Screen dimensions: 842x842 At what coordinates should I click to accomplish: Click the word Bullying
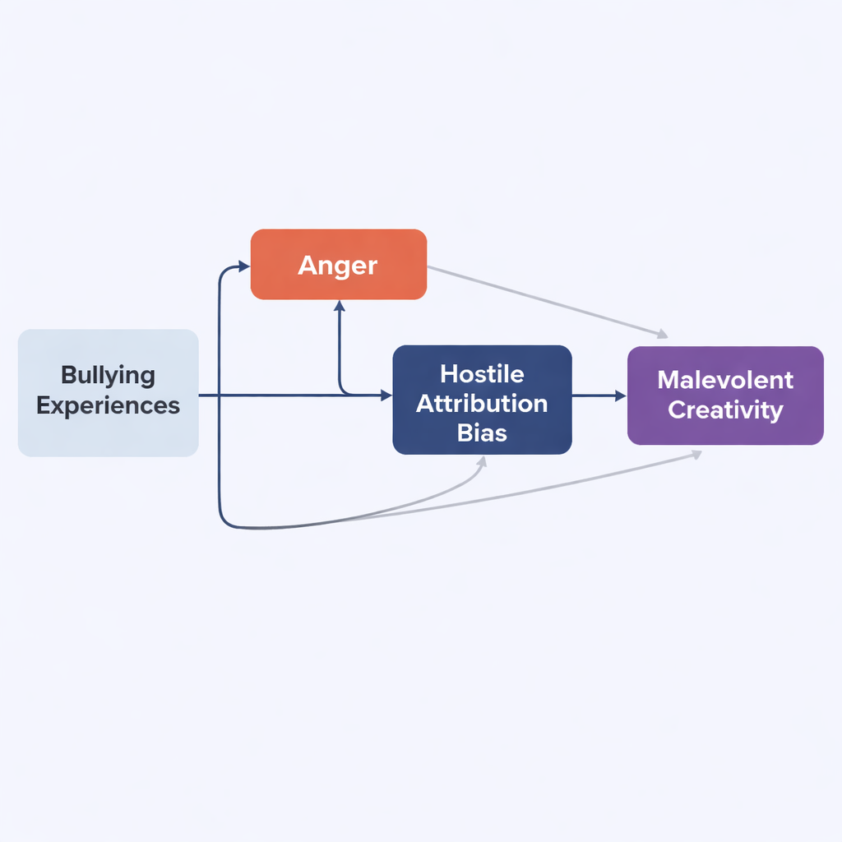[108, 376]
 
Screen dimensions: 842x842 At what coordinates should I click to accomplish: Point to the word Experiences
[108, 405]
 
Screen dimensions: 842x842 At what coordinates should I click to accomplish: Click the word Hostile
[482, 374]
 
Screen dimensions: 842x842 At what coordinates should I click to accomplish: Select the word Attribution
[482, 404]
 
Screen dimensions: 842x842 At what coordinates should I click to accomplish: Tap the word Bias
[482, 433]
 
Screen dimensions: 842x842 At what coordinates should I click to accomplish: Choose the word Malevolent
[725, 380]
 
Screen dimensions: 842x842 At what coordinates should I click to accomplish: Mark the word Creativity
[725, 409]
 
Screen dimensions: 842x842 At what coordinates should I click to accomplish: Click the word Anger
[338, 265]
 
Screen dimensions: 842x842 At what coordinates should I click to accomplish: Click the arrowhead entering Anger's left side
[244, 266]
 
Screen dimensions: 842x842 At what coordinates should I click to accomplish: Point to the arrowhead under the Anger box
[339, 306]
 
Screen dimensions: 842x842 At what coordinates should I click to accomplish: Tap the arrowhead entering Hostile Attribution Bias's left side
[386, 396]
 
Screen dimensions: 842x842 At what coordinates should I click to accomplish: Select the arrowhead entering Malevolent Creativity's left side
[621, 396]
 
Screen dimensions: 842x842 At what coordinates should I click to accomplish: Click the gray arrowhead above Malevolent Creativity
[662, 335]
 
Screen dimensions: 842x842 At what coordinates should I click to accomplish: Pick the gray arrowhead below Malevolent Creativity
[697, 453]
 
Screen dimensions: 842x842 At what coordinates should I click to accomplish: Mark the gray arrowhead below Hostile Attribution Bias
[483, 461]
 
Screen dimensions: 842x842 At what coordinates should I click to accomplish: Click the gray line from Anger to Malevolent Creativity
[543, 300]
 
